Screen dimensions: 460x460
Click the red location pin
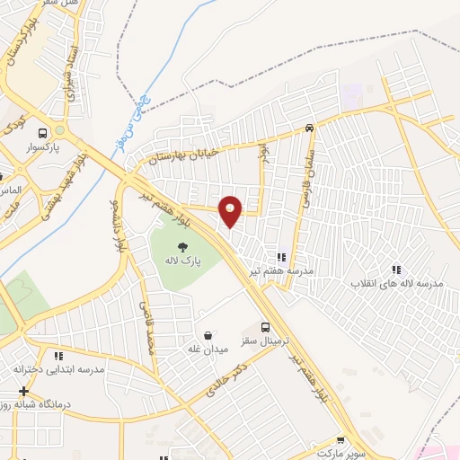click(x=231, y=210)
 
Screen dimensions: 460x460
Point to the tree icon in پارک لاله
click(x=183, y=246)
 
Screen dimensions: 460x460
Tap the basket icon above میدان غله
click(x=208, y=333)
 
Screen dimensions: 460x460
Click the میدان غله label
click(x=208, y=348)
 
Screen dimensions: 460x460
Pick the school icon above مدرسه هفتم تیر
click(x=281, y=257)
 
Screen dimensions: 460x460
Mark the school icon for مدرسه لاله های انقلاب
click(x=394, y=270)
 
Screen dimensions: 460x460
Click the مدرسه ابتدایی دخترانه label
click(x=59, y=369)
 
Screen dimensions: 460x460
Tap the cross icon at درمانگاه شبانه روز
click(x=23, y=391)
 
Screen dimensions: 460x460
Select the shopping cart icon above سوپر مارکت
click(x=340, y=440)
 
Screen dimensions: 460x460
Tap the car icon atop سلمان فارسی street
click(x=309, y=128)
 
